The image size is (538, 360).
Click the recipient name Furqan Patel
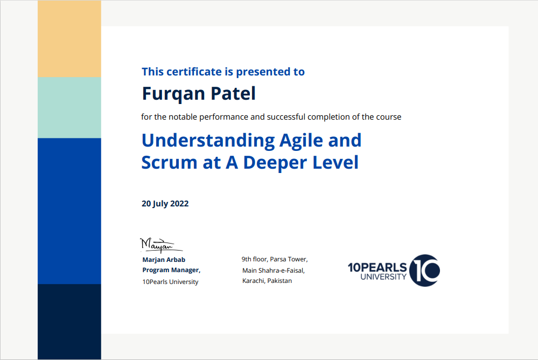click(x=199, y=94)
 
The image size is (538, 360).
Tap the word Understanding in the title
click(x=208, y=141)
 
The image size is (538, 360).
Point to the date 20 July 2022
click(x=165, y=204)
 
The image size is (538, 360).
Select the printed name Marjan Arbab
click(x=164, y=260)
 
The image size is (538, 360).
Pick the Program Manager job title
click(x=171, y=270)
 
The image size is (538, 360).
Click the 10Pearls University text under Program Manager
click(x=170, y=282)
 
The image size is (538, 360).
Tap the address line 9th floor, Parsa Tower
click(x=275, y=259)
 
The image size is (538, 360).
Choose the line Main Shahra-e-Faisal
click(x=274, y=271)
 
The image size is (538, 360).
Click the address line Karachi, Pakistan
click(x=267, y=281)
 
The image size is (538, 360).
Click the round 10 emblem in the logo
click(x=424, y=270)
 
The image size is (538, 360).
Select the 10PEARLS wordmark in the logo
click(x=378, y=267)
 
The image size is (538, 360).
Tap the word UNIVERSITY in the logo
click(x=383, y=277)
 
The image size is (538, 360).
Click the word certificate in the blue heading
click(x=194, y=72)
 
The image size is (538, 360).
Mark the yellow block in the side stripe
click(x=69, y=39)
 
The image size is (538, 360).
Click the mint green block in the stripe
click(x=69, y=108)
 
